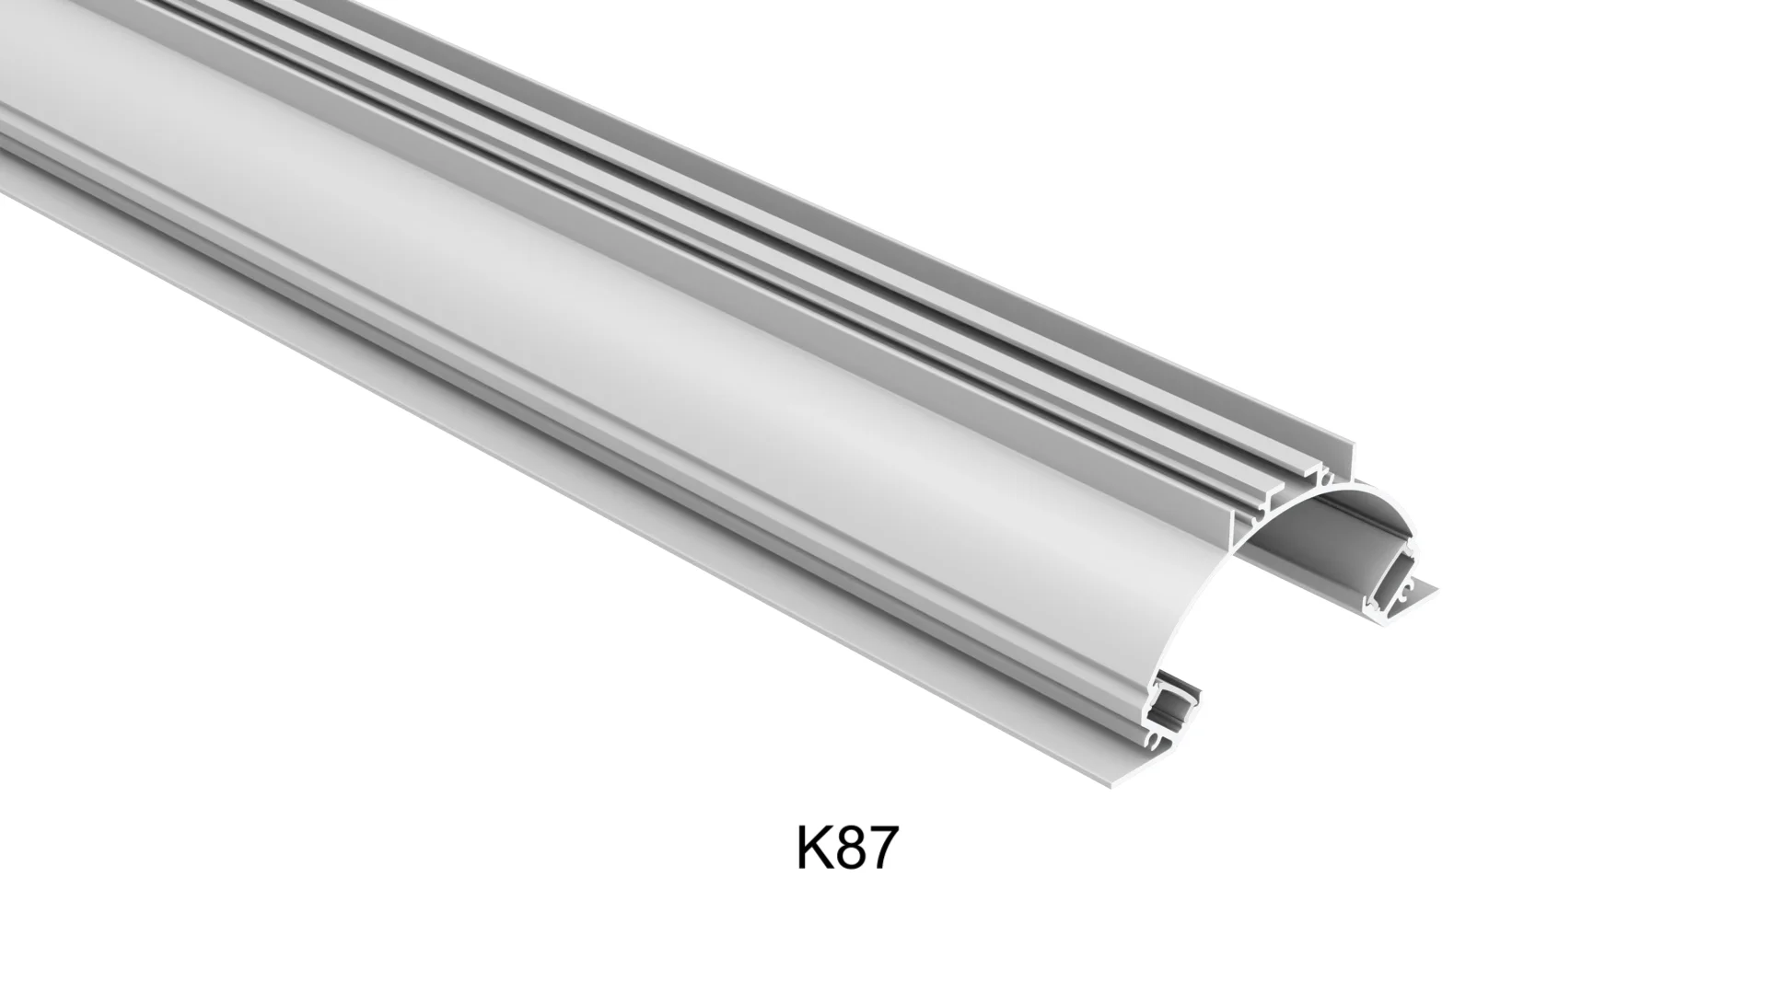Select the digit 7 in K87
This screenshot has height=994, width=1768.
pyautogui.click(x=879, y=849)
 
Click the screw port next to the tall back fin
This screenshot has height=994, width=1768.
pyautogui.click(x=1325, y=478)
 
